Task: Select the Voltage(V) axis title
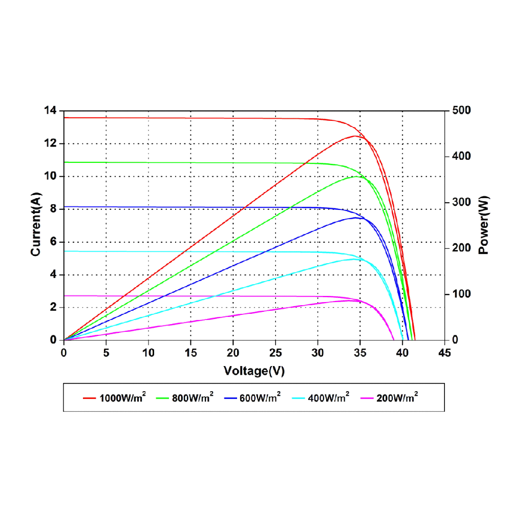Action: [254, 371]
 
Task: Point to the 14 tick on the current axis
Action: [52, 111]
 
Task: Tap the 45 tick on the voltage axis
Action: [445, 353]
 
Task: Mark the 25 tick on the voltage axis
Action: [275, 353]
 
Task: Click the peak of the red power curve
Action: [355, 136]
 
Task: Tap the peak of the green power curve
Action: [356, 176]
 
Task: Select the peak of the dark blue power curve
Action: [356, 218]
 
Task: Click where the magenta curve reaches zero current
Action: [394, 339]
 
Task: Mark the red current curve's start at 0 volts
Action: [64, 118]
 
